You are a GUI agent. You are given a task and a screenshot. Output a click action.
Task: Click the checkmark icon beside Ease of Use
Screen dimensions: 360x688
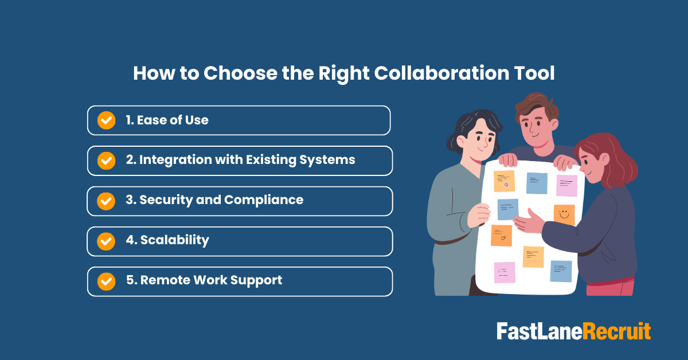[x=106, y=120]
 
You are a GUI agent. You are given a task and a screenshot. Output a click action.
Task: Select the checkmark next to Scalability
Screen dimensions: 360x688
[x=106, y=241]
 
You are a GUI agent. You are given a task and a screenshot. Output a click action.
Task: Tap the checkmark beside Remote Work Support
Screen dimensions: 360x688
[x=106, y=281]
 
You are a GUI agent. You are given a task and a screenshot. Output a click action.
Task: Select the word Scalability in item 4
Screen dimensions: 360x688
[x=174, y=240]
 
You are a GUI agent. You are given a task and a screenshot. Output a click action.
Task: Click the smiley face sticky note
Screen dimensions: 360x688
[x=564, y=214]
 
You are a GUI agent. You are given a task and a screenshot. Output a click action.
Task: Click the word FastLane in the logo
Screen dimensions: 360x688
[x=539, y=332]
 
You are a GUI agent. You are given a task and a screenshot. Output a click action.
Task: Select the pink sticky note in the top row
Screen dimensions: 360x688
[x=566, y=185]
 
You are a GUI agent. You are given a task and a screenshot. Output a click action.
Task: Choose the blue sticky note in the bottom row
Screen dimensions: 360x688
[x=561, y=271]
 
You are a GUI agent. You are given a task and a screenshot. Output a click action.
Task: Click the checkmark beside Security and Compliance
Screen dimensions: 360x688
[x=106, y=201]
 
